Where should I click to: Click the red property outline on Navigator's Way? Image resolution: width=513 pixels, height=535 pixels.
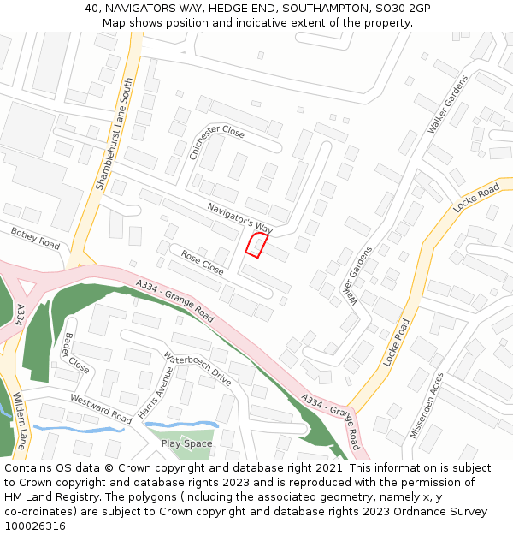tap(254, 246)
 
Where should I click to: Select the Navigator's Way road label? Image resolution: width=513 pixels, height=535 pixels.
tap(239, 218)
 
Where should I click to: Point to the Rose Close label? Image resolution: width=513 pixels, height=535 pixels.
tap(202, 263)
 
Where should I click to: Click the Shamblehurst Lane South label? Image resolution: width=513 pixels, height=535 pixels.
tap(115, 134)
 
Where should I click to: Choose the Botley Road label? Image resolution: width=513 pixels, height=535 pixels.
tap(35, 238)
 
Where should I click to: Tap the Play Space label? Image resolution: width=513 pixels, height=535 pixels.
tap(186, 443)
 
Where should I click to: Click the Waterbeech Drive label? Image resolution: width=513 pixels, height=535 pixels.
tap(198, 370)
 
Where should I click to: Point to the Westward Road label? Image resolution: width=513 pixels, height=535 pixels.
tap(101, 409)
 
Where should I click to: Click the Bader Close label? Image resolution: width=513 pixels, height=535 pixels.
tap(76, 354)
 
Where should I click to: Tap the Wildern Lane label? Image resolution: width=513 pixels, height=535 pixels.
tap(20, 420)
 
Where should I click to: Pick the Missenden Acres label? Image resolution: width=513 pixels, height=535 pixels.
tap(427, 406)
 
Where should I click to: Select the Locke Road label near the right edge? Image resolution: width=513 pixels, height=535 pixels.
tap(476, 198)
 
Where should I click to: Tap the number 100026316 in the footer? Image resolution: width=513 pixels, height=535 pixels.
tap(35, 526)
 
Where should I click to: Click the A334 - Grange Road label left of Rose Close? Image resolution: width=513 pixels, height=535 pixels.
tap(174, 300)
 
